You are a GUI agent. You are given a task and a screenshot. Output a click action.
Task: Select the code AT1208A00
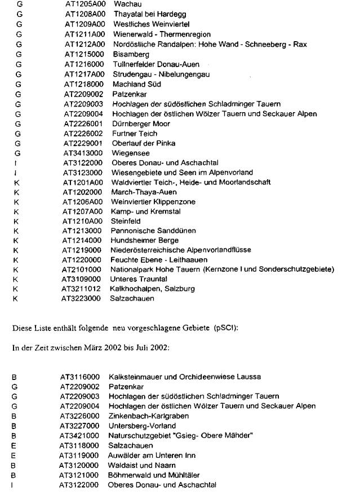tap(82, 14)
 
